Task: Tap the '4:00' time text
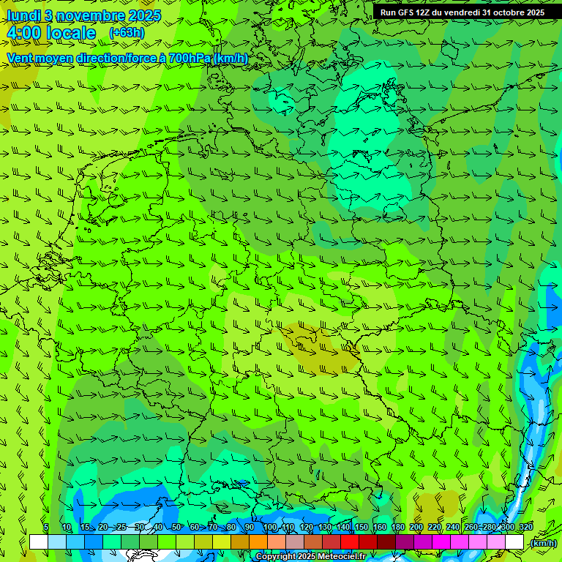[23, 33]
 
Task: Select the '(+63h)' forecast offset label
[127, 33]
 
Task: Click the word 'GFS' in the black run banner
[408, 12]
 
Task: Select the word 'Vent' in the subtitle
[20, 58]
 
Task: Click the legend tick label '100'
[270, 528]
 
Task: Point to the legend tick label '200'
[416, 528]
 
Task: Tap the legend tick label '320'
[526, 528]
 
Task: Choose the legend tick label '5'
[46, 528]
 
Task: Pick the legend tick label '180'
[398, 528]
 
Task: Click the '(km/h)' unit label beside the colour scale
[543, 543]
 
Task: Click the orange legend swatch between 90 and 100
[258, 542]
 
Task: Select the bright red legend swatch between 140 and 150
[350, 542]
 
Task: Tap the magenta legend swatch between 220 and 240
[441, 542]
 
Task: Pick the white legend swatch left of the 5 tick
[38, 542]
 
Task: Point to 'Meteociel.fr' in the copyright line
[341, 557]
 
